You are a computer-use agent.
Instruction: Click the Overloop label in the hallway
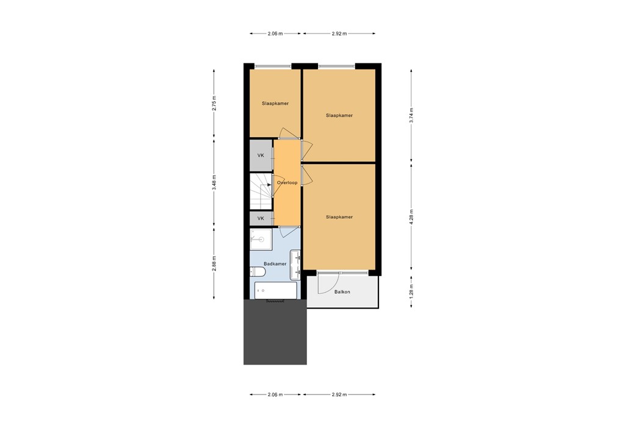point(287,183)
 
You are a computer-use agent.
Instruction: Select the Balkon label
point(342,292)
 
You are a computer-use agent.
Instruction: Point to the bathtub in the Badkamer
point(276,290)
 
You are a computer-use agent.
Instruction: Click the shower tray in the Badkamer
point(261,240)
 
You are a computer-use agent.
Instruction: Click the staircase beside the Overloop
point(261,191)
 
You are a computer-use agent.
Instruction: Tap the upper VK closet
point(261,155)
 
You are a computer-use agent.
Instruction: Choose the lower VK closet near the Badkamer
point(261,218)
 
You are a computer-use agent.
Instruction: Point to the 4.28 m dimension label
point(412,218)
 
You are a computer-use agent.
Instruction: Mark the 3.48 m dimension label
point(214,182)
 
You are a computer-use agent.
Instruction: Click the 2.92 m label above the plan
point(339,34)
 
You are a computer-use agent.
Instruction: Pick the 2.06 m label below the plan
point(275,394)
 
